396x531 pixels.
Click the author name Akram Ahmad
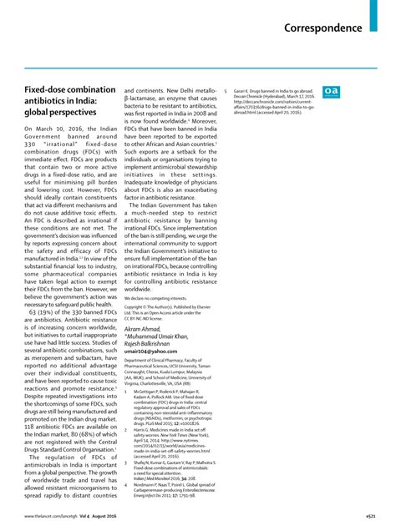point(144,330)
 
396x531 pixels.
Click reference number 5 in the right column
point(226,88)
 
